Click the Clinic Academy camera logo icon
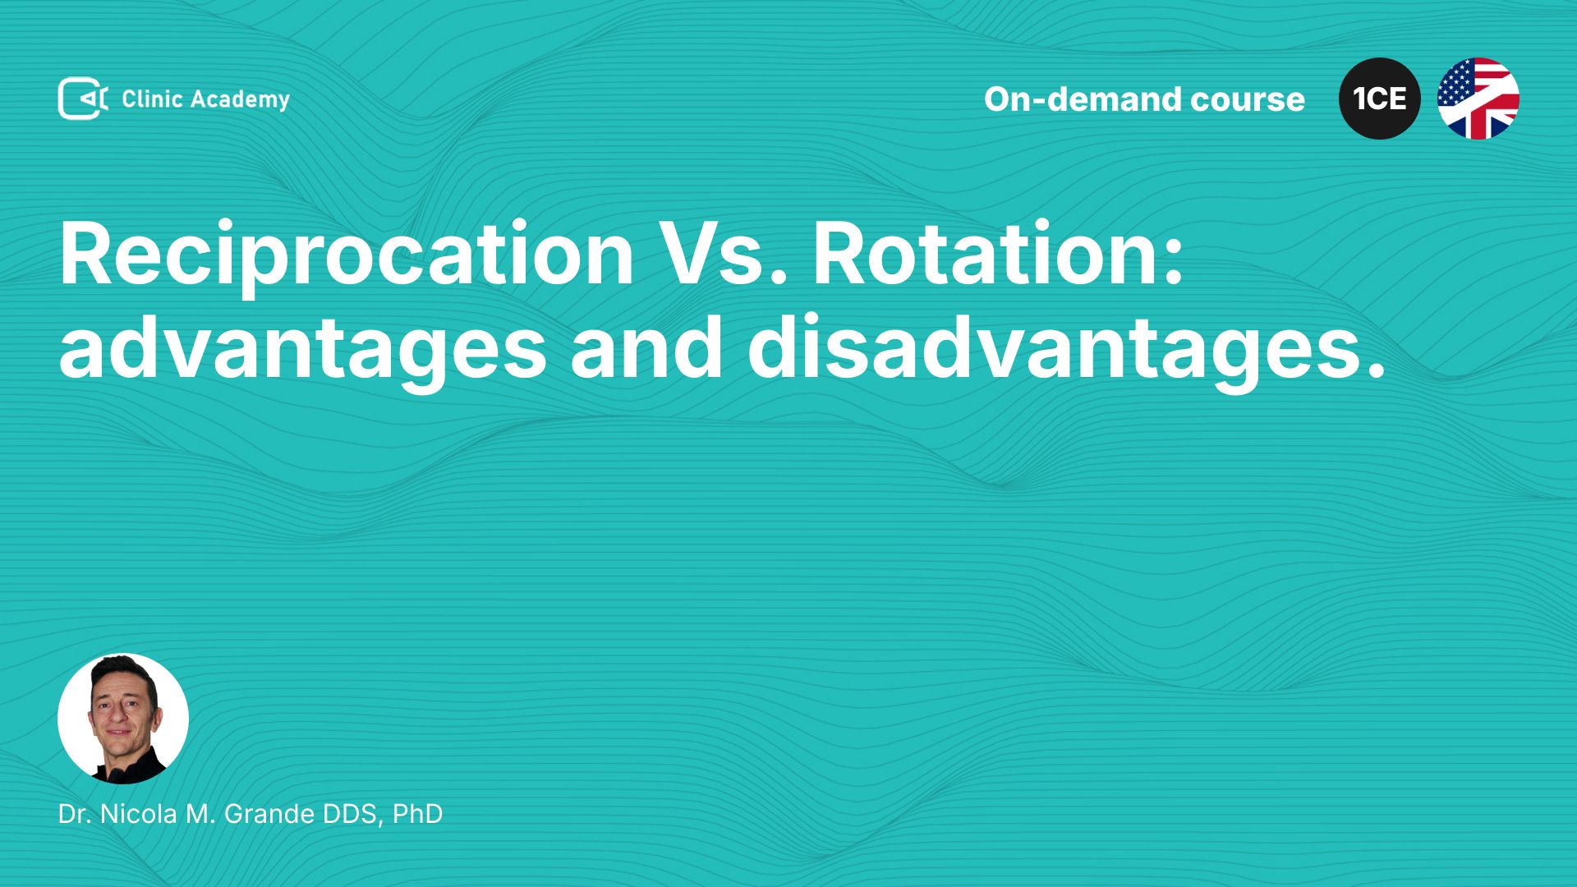tap(83, 99)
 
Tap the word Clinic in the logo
tap(152, 99)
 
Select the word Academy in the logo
tap(241, 100)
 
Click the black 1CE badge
tap(1380, 99)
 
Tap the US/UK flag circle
tap(1478, 99)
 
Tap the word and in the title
tap(647, 347)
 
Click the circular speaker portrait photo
tap(123, 719)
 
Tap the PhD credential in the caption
tap(418, 814)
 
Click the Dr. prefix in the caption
tap(76, 814)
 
